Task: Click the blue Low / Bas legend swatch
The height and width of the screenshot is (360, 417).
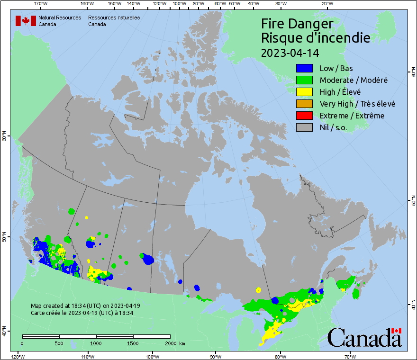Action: pyautogui.click(x=304, y=68)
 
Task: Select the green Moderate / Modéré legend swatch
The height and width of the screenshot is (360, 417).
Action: pyautogui.click(x=304, y=80)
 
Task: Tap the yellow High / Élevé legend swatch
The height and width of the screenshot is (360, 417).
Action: pyautogui.click(x=304, y=92)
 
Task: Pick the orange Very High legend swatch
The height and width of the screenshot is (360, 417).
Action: pyautogui.click(x=304, y=104)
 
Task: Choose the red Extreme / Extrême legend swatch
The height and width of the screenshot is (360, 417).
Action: pyautogui.click(x=304, y=116)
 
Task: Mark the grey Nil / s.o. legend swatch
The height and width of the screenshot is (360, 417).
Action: pyautogui.click(x=304, y=127)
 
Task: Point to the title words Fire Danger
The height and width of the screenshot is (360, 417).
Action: pyautogui.click(x=297, y=24)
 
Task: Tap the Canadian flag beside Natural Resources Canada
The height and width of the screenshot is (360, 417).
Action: pyautogui.click(x=26, y=21)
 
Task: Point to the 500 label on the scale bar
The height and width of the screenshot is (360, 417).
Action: pyautogui.click(x=59, y=343)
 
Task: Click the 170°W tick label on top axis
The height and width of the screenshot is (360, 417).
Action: pyautogui.click(x=41, y=4)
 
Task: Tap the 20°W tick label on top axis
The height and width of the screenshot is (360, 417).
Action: pyautogui.click(x=326, y=4)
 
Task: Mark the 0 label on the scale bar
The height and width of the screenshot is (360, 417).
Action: pyautogui.click(x=22, y=343)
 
